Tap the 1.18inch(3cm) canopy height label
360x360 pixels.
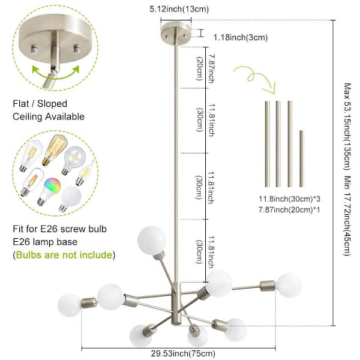coord(241,37)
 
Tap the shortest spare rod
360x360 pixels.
coord(301,159)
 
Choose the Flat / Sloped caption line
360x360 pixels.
coord(41,104)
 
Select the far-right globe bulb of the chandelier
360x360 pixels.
coord(290,284)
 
